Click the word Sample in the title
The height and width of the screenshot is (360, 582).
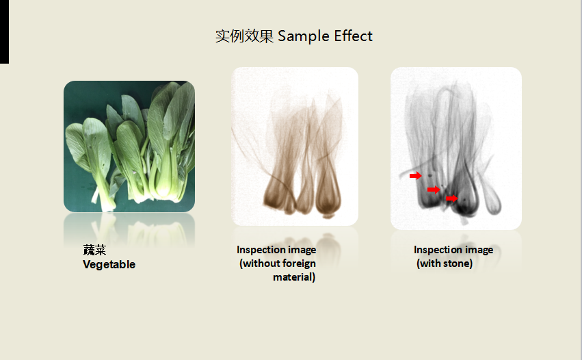(303, 36)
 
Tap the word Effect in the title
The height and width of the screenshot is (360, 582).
(353, 36)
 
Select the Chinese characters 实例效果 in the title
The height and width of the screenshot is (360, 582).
(244, 36)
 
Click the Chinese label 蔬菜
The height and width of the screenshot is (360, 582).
(94, 250)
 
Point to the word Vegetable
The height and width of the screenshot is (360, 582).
(109, 264)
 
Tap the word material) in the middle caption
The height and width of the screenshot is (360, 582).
(294, 277)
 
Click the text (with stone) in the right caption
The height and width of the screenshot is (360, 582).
(445, 263)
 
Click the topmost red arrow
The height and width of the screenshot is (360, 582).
(416, 175)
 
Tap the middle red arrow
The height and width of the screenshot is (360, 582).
(434, 190)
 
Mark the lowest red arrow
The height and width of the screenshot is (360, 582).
(452, 198)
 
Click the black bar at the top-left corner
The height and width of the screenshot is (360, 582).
(5, 31)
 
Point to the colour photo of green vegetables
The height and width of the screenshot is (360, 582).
(129, 146)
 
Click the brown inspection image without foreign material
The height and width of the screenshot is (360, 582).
(295, 146)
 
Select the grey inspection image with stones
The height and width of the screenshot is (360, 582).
(456, 149)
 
